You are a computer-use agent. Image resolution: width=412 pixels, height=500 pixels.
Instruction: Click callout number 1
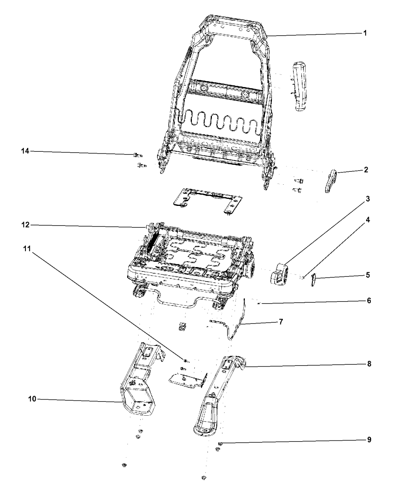tap(365, 33)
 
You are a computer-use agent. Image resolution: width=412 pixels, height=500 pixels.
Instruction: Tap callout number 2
tap(366, 170)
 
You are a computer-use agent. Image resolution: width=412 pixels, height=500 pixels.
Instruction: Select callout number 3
tap(367, 199)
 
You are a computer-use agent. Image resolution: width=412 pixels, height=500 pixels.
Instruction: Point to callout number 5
tap(368, 275)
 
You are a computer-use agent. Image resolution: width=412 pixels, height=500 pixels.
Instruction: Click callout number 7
tap(281, 322)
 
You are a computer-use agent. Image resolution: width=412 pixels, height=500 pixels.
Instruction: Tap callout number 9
tap(369, 440)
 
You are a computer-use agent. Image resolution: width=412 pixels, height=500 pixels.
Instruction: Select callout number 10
tap(32, 399)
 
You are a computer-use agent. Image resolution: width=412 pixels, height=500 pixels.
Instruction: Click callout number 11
tap(27, 249)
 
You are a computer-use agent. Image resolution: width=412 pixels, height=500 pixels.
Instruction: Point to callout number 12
tap(26, 225)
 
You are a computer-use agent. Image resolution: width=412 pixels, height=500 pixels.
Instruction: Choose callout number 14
tap(25, 151)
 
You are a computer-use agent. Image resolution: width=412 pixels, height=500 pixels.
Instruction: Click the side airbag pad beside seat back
tap(300, 86)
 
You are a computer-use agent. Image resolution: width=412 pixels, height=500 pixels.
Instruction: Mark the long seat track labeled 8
tap(218, 398)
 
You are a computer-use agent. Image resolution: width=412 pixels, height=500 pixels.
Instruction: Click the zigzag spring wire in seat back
tap(218, 122)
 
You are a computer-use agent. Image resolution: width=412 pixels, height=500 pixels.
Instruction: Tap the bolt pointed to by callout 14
tap(137, 155)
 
